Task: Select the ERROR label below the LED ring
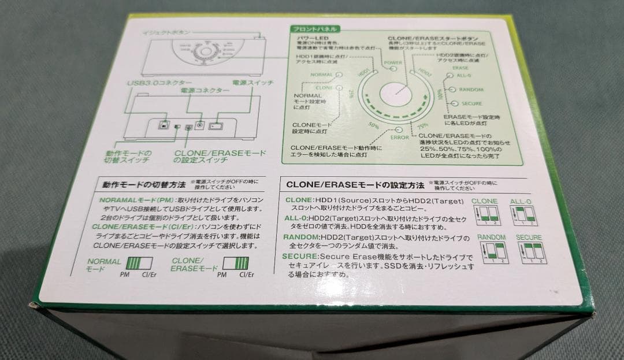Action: coord(399,138)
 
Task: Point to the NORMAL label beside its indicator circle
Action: coord(321,75)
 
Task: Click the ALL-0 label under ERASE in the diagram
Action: coord(464,75)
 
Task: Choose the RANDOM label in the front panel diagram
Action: coord(471,90)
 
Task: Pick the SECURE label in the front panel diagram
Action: coord(471,103)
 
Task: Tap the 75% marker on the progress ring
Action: coord(422,125)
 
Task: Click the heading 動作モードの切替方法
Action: coord(144,185)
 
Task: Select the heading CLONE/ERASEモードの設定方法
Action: coord(354,185)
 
